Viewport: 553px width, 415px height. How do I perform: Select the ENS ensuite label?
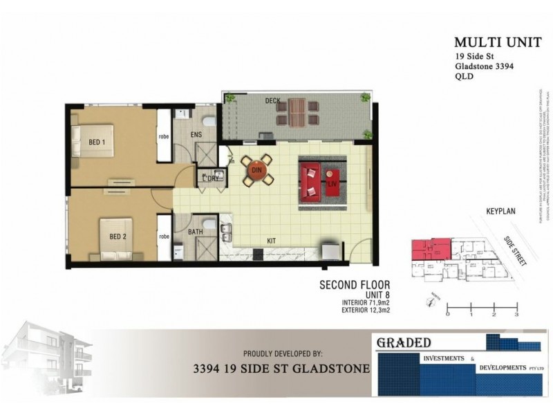click(x=196, y=135)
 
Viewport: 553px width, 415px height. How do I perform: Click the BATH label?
click(x=196, y=232)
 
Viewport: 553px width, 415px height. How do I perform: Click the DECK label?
click(x=272, y=101)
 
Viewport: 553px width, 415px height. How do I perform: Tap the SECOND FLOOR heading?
click(x=355, y=284)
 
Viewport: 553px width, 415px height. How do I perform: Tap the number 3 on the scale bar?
click(x=516, y=315)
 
